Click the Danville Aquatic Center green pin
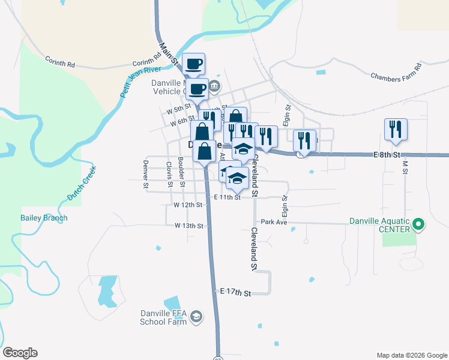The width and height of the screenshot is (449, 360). [x=419, y=226]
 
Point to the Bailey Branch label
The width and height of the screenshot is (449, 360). [x=44, y=218]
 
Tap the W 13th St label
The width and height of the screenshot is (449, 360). [x=188, y=226]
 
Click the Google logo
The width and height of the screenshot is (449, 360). [x=20, y=353]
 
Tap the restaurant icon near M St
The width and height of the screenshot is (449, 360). [x=396, y=129]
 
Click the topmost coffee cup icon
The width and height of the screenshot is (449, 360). [x=193, y=64]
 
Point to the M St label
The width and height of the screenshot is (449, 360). [x=405, y=167]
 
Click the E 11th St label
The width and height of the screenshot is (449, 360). [x=228, y=197]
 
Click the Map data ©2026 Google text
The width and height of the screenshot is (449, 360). [x=411, y=355]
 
